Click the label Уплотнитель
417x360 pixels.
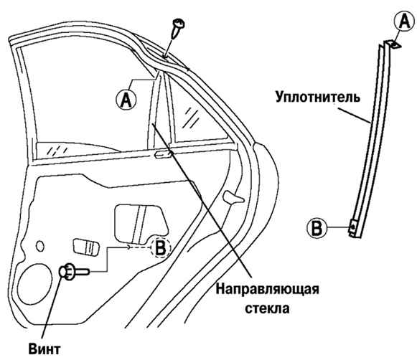pos(318,98)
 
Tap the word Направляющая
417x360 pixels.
pos(267,289)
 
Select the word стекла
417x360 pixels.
pos(267,308)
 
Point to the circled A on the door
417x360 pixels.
pos(126,100)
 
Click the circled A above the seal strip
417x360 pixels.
pos(405,22)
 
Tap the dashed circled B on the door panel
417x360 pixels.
pos(160,247)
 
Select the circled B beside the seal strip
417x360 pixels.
pos(317,228)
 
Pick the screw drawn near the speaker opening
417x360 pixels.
pos(75,272)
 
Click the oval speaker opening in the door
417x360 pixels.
pos(34,284)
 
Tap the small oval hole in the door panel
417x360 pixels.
pos(40,246)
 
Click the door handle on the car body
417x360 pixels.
pos(233,197)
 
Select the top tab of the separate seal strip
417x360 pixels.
pos(394,44)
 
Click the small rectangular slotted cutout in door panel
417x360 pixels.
pos(85,247)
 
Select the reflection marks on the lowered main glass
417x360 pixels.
pos(57,151)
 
